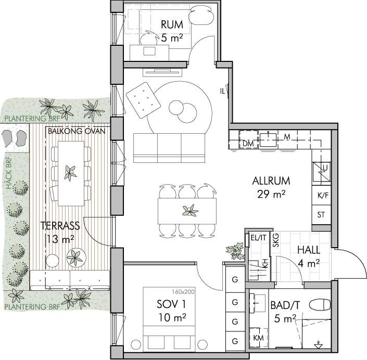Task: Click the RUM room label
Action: click(x=172, y=24)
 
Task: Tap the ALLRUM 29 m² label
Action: click(x=271, y=187)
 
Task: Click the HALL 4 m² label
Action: click(x=309, y=257)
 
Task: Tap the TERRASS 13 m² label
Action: click(x=60, y=232)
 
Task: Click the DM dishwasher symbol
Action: click(x=248, y=139)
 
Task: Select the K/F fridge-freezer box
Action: click(x=321, y=195)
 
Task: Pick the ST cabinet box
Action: click(x=321, y=215)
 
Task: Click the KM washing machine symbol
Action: click(x=258, y=338)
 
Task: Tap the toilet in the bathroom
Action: click(x=320, y=305)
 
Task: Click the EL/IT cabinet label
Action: click(x=258, y=238)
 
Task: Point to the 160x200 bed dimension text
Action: click(x=183, y=292)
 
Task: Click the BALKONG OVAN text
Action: click(x=77, y=131)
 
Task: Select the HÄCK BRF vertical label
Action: click(x=9, y=173)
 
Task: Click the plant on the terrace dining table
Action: click(x=70, y=173)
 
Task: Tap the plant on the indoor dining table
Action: click(x=190, y=211)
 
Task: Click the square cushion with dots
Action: click(x=143, y=100)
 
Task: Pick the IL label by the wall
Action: click(x=222, y=91)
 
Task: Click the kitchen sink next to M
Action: click(x=268, y=139)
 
